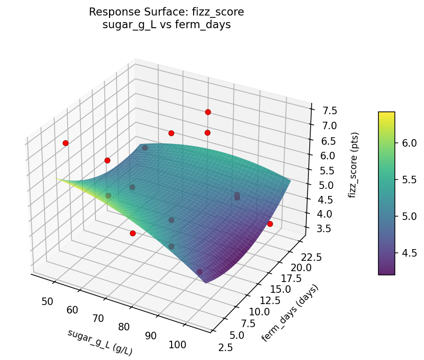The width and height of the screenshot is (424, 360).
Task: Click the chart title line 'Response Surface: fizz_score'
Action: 166,12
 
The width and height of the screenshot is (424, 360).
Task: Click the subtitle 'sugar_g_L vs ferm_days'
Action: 166,25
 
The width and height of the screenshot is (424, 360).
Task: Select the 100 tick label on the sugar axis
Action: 178,344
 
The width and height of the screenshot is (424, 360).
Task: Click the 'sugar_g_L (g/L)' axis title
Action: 100,342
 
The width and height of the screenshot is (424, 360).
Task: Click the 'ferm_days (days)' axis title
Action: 290,313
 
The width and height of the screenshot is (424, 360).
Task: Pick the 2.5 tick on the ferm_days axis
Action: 225,347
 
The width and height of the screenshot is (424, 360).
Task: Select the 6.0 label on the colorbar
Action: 409,143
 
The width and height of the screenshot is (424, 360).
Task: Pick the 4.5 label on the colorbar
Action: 409,253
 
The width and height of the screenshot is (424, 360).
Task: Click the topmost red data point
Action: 208,112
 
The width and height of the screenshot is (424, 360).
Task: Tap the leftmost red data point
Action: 65,143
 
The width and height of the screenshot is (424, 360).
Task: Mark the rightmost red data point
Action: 270,224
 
